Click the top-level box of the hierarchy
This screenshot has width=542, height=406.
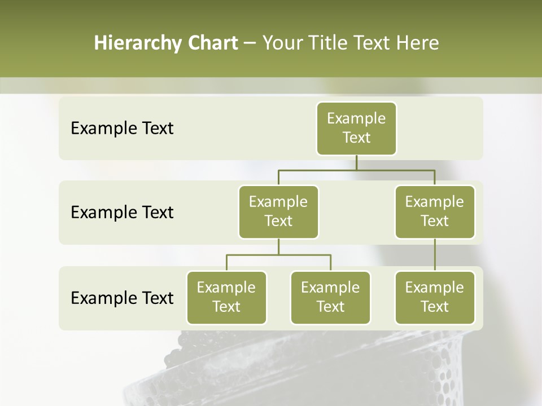(x=356, y=129)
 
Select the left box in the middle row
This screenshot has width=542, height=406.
(x=278, y=212)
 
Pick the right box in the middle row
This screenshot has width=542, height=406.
(x=435, y=212)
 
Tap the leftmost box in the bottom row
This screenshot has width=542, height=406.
(x=226, y=298)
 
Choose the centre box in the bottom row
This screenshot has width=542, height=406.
(x=330, y=298)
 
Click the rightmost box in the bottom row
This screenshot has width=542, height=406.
(x=435, y=298)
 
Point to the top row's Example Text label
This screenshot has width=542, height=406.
(x=122, y=129)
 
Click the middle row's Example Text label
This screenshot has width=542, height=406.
(x=122, y=213)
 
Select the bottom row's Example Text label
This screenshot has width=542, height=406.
(x=122, y=298)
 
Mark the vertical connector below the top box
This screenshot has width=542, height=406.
(x=356, y=162)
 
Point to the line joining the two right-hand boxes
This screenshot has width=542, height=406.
(x=435, y=255)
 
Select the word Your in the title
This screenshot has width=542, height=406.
(x=282, y=43)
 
